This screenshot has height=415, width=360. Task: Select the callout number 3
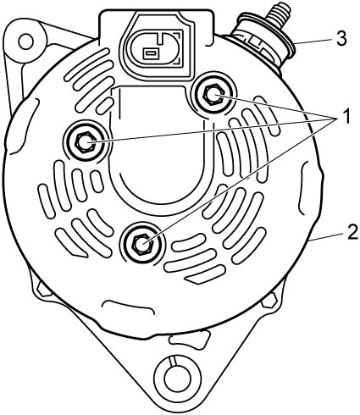coord(341,38)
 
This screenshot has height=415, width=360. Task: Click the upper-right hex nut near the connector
coord(213,95)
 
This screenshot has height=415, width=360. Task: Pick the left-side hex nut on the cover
coord(85,142)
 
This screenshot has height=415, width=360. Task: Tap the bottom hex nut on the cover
coord(142,243)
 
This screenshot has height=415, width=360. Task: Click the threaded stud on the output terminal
coord(279,16)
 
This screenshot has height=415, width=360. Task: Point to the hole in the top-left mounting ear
coord(26,41)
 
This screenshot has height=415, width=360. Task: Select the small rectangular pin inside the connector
coord(150,53)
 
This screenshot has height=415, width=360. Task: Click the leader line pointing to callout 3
coord(314,41)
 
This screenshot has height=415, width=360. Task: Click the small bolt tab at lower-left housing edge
coord(43,290)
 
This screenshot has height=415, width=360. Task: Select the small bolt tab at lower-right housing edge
coord(269,301)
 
